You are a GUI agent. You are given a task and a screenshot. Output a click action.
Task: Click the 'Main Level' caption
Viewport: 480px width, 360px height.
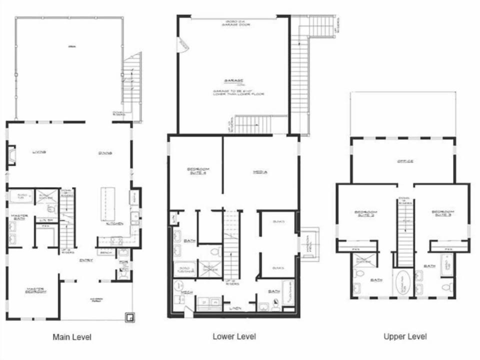click(72, 337)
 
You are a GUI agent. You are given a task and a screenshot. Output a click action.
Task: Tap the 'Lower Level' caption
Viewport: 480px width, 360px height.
click(234, 336)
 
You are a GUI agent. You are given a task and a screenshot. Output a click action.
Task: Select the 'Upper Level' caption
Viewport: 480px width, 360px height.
click(405, 336)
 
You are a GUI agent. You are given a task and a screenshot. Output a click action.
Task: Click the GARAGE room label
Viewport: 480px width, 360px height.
click(233, 81)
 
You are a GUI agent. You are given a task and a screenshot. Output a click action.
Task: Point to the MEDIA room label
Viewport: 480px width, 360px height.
click(259, 172)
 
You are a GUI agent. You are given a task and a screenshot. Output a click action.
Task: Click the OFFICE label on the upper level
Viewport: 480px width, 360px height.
click(405, 161)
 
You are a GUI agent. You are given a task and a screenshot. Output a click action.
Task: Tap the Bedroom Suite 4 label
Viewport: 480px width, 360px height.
click(198, 170)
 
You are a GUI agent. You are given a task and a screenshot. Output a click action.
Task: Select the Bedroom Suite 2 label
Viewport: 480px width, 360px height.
click(366, 213)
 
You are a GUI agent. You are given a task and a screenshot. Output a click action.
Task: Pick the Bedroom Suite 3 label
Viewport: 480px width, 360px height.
click(443, 213)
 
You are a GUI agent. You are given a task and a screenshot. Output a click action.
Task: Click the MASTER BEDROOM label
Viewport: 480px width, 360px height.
click(35, 290)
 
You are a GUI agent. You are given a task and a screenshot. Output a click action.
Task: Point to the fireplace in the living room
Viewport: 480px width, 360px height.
click(11, 155)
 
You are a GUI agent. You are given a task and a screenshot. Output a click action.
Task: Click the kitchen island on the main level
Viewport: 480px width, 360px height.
click(107, 204)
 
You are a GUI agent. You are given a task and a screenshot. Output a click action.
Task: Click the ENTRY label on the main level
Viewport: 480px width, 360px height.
click(84, 259)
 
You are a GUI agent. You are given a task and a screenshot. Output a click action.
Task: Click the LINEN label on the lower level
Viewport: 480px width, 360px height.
click(233, 308)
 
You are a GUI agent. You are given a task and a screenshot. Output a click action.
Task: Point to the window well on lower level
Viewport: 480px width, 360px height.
click(309, 244)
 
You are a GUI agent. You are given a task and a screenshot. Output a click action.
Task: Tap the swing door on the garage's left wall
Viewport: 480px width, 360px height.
click(182, 45)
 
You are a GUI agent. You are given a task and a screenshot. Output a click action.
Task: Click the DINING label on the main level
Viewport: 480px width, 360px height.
click(104, 153)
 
